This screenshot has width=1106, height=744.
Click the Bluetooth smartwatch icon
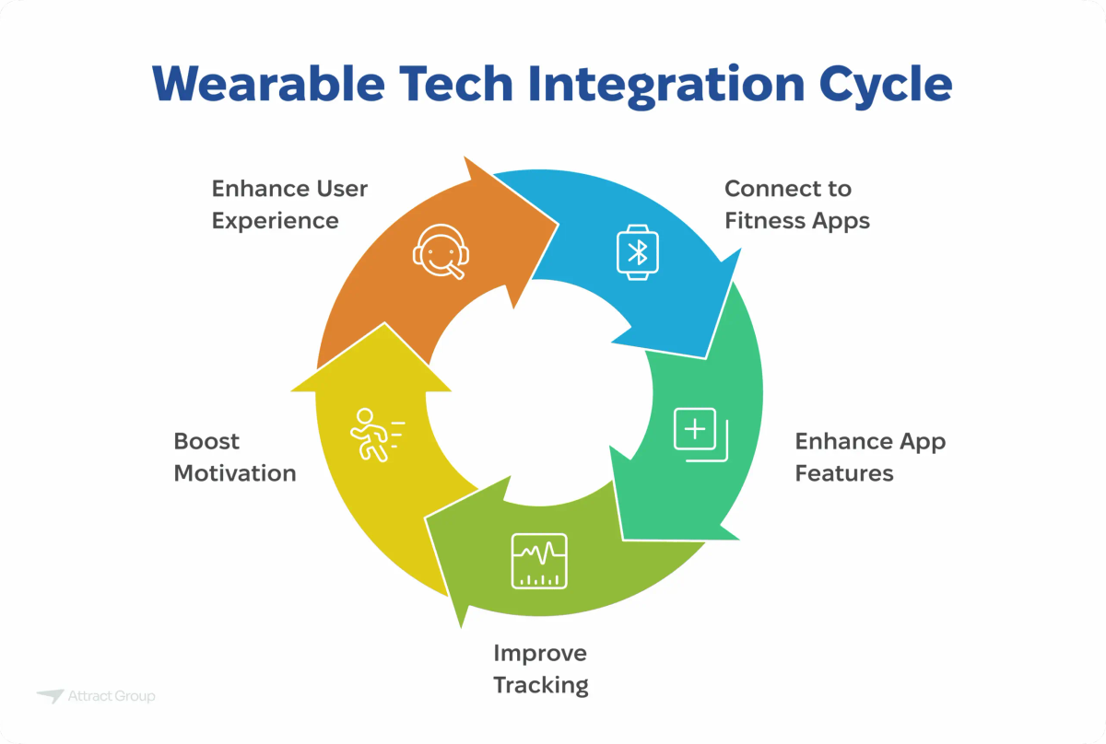638,250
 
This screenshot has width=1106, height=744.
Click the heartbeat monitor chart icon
539,561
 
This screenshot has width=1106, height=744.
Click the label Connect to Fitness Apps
796,204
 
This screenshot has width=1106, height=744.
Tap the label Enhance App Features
869,457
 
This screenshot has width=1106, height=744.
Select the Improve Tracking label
540,668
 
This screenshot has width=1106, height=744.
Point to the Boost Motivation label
234,457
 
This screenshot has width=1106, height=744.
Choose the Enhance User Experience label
289,204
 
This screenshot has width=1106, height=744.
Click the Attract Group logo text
112,696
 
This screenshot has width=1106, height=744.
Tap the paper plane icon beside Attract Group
51,696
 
